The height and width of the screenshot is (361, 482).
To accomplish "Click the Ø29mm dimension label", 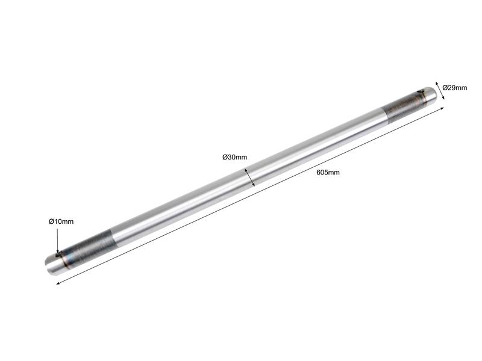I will (454, 88).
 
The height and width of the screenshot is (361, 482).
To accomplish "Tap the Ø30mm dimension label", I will (234, 158).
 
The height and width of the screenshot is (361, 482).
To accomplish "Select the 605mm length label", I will (328, 173).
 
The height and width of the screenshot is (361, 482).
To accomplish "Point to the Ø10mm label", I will (61, 222).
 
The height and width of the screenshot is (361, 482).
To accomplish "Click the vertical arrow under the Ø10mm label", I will (57, 240).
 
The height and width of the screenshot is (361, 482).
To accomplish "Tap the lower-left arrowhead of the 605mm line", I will (58, 282).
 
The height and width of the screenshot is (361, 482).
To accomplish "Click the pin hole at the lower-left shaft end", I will (58, 256).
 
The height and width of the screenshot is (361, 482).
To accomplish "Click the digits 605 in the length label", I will (323, 173).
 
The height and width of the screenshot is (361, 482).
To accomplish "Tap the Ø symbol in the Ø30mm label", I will (225, 158).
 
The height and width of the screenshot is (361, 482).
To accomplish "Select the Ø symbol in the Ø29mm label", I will (445, 88).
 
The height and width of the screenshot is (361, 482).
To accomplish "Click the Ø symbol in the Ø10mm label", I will (51, 222).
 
